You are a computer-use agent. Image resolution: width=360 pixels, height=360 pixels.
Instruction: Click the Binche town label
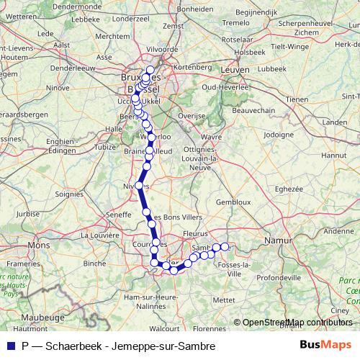tap(94, 263)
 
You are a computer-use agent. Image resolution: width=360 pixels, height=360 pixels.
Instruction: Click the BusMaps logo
tap(326, 346)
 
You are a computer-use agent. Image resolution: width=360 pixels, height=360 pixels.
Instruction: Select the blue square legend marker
tap(9, 346)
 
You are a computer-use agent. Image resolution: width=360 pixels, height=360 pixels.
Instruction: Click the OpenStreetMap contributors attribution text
tap(297, 323)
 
